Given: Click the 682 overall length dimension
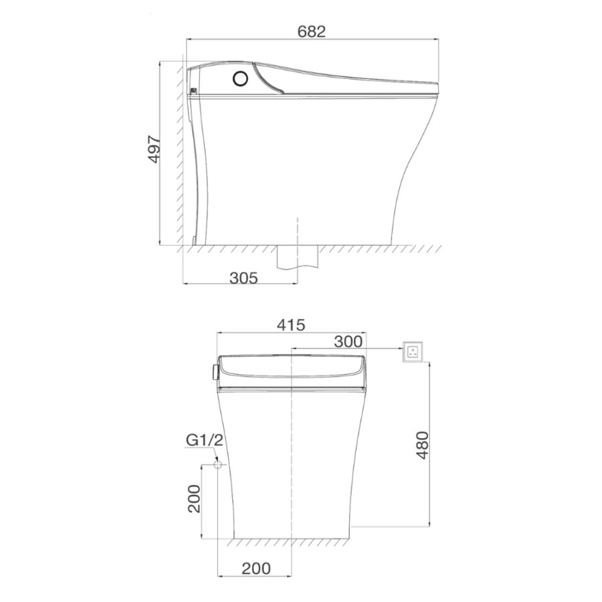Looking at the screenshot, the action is click(311, 31).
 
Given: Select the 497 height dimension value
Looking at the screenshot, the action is click(155, 149).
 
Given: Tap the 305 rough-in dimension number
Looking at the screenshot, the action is click(243, 277).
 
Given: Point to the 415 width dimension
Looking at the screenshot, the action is click(291, 325).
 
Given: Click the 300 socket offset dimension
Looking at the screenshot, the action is click(348, 341).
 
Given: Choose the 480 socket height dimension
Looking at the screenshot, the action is click(422, 445).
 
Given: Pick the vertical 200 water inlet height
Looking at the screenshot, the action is click(194, 498).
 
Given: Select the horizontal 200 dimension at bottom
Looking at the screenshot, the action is click(256, 568).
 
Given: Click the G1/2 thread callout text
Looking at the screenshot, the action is click(204, 440).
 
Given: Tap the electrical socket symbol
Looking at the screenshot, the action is click(412, 351).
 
